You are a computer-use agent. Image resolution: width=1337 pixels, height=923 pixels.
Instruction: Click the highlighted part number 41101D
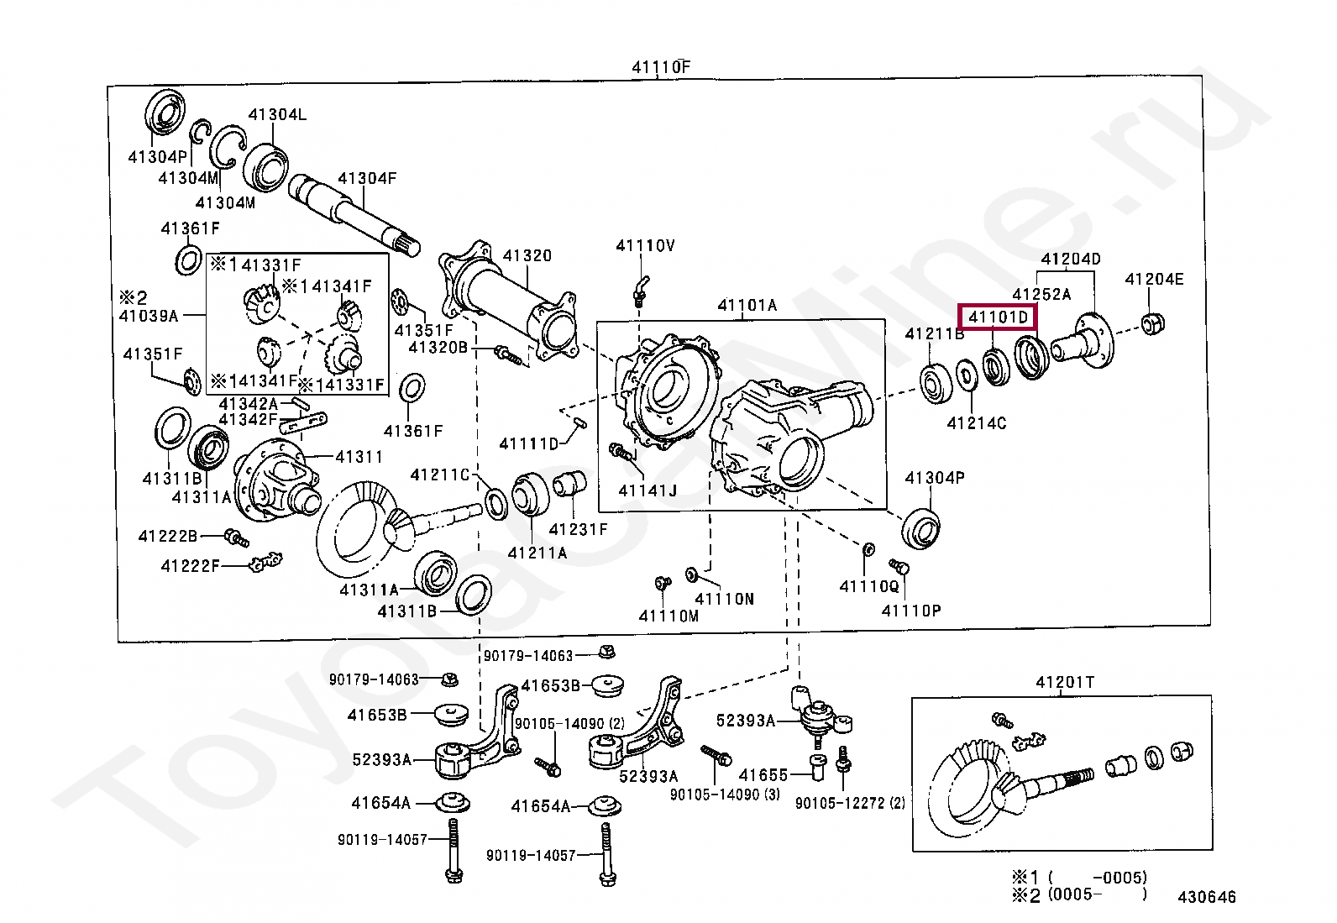(x=998, y=317)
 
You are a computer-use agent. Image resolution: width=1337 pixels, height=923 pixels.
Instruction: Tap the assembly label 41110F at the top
(x=661, y=67)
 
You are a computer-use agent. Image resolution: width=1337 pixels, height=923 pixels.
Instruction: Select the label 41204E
(x=1154, y=279)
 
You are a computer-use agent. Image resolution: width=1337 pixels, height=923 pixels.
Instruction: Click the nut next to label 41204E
(x=1152, y=323)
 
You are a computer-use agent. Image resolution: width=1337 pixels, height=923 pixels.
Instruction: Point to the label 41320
(x=527, y=255)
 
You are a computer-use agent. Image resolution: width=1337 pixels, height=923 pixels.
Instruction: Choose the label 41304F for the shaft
(x=367, y=178)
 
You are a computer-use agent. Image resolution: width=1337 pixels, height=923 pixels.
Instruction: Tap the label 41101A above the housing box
(x=747, y=305)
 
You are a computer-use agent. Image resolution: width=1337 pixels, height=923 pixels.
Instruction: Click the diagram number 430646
(x=1206, y=897)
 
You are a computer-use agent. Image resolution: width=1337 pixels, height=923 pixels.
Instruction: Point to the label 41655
(x=763, y=775)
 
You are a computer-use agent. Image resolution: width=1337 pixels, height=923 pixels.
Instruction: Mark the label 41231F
(x=578, y=529)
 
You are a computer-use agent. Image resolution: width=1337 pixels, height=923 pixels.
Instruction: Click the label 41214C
(x=977, y=422)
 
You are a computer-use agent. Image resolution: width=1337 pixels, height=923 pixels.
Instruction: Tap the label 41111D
(x=529, y=443)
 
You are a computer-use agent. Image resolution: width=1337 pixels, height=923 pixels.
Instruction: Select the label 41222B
(x=168, y=536)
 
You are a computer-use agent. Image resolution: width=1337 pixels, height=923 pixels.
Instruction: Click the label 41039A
(x=149, y=316)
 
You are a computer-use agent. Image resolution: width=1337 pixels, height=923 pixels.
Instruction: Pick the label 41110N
(x=725, y=599)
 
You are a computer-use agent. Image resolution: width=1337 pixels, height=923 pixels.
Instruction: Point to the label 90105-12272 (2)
(x=850, y=803)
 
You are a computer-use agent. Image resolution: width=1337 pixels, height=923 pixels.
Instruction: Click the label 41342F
(x=249, y=419)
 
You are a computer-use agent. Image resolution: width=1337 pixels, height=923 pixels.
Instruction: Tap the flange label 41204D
(x=1071, y=259)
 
